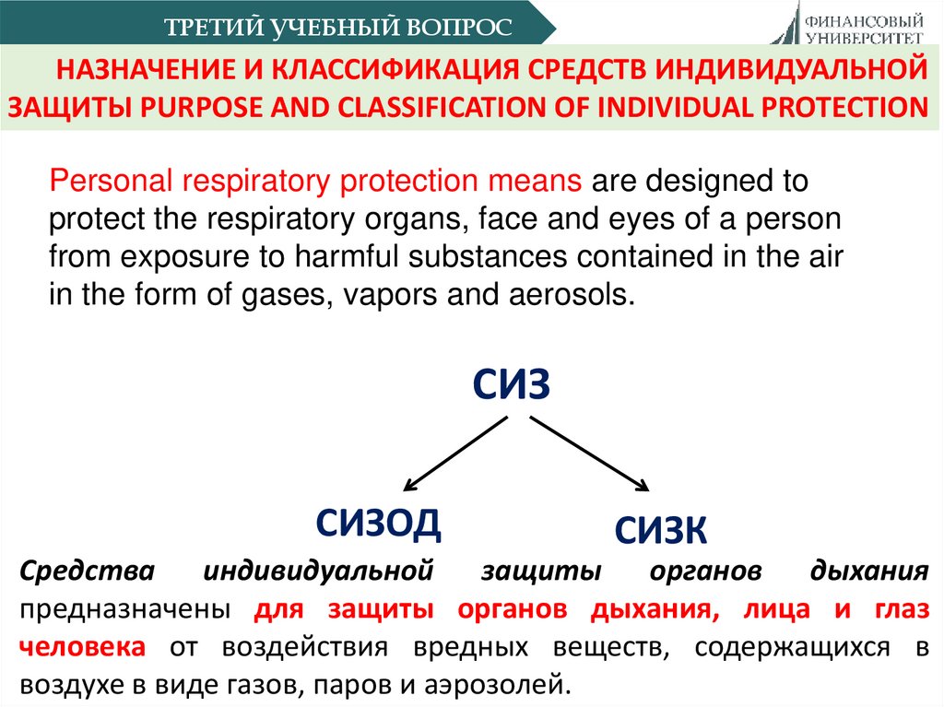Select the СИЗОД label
tap(378, 524)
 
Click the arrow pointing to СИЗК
tap(588, 453)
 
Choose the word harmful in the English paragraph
tap(329, 256)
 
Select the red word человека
tap(81, 646)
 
